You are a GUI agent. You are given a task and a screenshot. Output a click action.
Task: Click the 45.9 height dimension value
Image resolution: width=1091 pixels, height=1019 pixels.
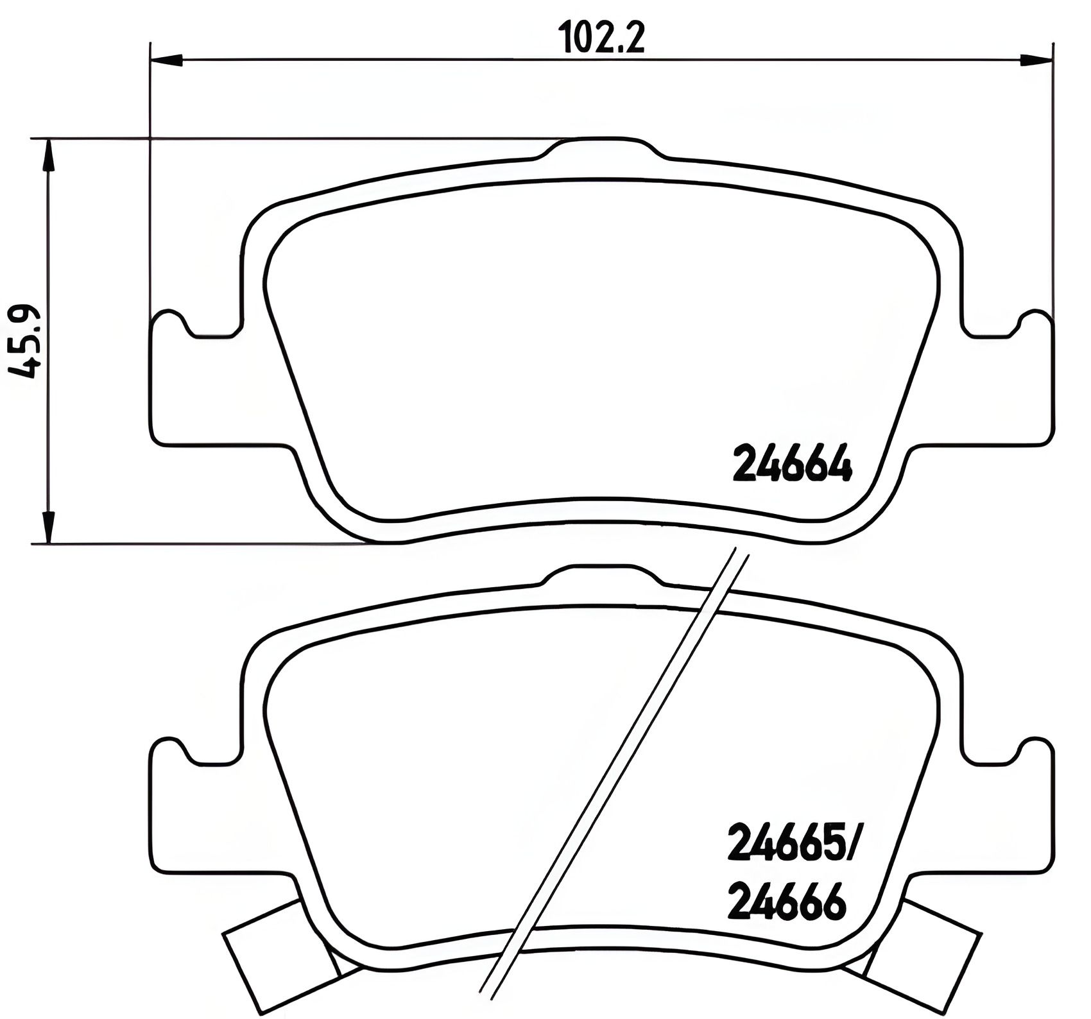[x=26, y=341]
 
